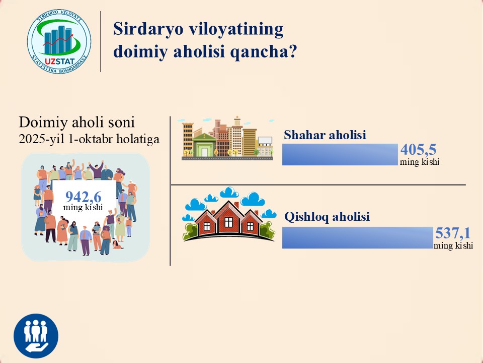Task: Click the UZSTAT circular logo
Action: point(59,41)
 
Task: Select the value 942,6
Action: point(83,197)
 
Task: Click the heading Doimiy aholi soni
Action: point(76,122)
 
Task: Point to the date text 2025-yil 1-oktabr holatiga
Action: point(89,139)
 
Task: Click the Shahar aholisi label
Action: point(325,135)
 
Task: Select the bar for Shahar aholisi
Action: point(340,154)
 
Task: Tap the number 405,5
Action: point(418,150)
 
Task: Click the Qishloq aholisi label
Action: point(327,217)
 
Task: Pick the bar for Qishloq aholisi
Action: point(358,237)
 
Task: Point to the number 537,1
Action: point(453,233)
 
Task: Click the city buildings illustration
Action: point(227,138)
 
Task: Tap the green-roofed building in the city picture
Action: point(204,145)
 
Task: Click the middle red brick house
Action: point(228,218)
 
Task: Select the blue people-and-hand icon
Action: point(36,336)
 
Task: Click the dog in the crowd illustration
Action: point(117,245)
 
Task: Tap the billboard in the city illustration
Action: point(265,141)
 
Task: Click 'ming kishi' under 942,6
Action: point(83,207)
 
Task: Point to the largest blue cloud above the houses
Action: point(253,199)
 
